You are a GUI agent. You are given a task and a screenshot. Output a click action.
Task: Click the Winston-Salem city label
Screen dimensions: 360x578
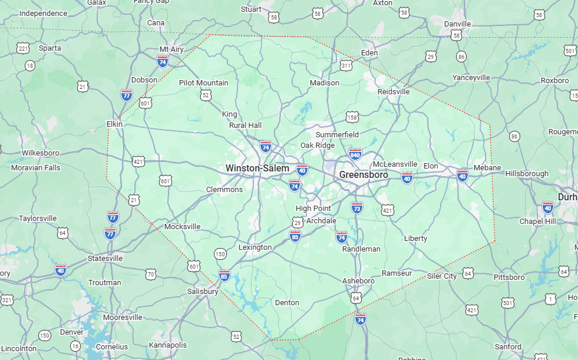[257, 169]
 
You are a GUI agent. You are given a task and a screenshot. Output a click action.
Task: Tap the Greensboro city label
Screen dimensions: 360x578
[364, 175]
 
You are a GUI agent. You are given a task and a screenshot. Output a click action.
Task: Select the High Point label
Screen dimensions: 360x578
[313, 209]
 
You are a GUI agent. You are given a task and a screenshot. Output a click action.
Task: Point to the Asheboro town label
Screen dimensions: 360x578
[358, 280]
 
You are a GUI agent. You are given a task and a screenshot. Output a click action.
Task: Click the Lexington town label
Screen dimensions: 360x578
[255, 247]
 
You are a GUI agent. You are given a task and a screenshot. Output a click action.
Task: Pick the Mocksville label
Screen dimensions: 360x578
[182, 226]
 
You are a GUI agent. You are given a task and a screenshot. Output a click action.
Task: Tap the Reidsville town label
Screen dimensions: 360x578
[394, 92]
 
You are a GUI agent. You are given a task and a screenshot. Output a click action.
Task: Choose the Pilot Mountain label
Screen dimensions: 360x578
[203, 83]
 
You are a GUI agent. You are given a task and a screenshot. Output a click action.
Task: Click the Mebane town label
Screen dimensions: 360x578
[487, 168]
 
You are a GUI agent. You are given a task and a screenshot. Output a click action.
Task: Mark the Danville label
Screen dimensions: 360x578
[457, 24]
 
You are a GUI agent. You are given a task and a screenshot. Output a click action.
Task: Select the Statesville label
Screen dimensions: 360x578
[105, 259]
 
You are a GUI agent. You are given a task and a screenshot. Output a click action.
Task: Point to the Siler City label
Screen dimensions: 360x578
[442, 276]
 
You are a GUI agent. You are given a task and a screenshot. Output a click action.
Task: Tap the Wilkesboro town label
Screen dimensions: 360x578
[41, 153]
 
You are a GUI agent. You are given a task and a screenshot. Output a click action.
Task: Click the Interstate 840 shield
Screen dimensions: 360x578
[355, 154]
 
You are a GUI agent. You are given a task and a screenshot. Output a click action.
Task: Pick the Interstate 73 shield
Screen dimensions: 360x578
[356, 207]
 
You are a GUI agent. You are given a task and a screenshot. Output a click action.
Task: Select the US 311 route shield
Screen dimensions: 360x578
[346, 65]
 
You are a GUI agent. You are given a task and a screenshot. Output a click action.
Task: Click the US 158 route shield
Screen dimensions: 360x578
[352, 118]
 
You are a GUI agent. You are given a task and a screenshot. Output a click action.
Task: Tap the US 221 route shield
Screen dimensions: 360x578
[23, 48]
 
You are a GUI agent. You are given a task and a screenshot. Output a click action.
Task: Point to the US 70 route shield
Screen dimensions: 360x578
[151, 274]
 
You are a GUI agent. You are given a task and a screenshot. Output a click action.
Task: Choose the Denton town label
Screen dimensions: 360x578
[287, 303]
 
